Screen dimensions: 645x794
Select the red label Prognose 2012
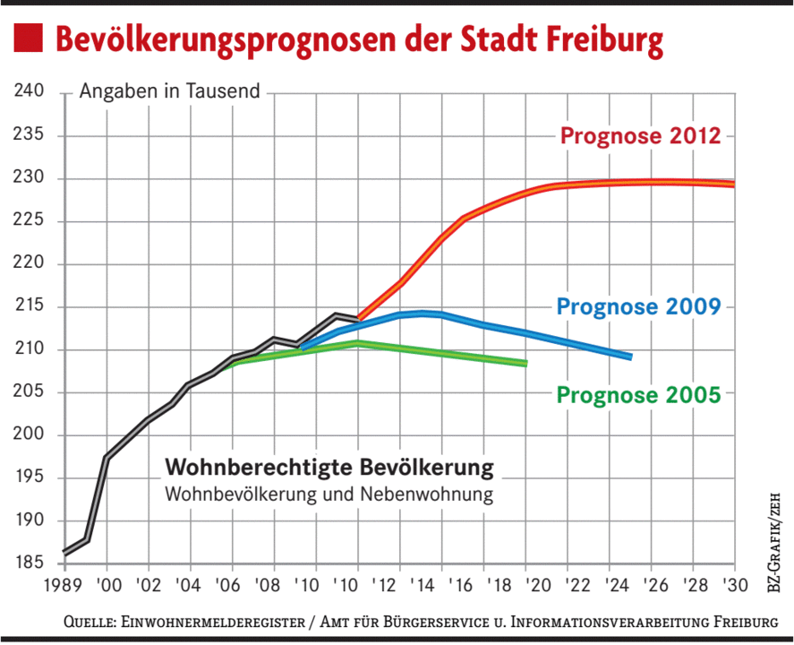coord(640,136)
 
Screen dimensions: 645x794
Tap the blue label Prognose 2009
coord(638,306)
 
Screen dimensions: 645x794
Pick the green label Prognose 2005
coord(638,394)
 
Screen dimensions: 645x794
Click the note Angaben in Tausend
coord(170,91)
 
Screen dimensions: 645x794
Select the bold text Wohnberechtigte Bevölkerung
coord(329,469)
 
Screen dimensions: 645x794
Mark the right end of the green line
coord(525,363)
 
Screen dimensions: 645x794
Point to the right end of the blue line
coord(630,357)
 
